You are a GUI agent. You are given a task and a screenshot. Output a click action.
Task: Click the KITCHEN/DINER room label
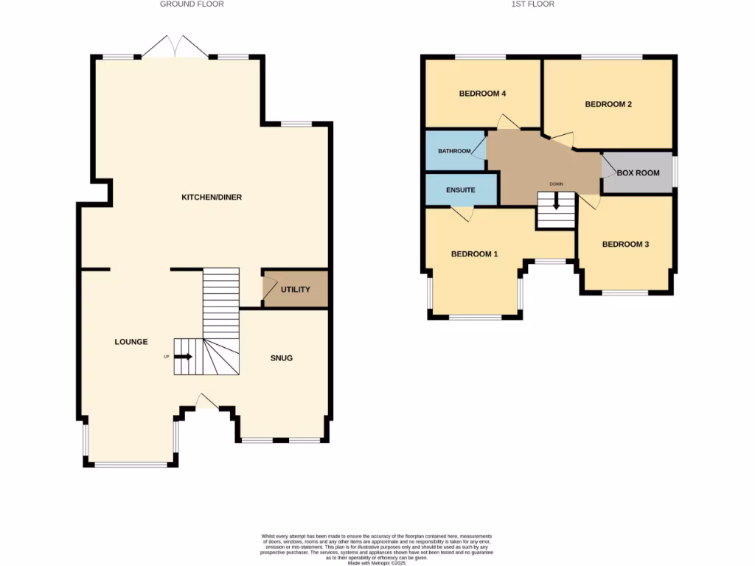click(212, 198)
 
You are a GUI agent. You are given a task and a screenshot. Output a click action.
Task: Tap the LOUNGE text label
click(131, 342)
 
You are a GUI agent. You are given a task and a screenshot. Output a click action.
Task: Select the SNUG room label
click(282, 358)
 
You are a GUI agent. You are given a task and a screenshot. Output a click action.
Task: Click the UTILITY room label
click(295, 290)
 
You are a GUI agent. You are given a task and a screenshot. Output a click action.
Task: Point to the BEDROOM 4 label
click(482, 94)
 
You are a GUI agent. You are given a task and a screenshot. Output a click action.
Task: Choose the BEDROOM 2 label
click(608, 105)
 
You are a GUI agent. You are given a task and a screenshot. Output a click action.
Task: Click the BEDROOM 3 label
click(625, 245)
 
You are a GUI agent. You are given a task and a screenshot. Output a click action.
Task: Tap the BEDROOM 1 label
click(474, 254)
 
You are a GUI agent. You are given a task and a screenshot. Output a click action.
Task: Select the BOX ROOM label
click(638, 173)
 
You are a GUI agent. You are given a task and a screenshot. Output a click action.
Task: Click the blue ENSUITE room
click(461, 190)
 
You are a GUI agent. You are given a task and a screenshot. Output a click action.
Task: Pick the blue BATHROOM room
click(454, 151)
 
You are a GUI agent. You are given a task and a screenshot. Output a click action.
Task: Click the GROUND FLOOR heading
click(192, 4)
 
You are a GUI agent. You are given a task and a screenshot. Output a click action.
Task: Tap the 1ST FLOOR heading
click(532, 4)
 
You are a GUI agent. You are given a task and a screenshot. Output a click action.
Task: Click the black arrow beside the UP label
click(184, 357)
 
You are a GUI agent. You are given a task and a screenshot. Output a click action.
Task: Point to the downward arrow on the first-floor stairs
click(556, 200)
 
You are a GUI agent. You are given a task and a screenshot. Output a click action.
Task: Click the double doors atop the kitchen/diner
click(175, 46)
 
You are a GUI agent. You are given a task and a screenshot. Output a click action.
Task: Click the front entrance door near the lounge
click(207, 401)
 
